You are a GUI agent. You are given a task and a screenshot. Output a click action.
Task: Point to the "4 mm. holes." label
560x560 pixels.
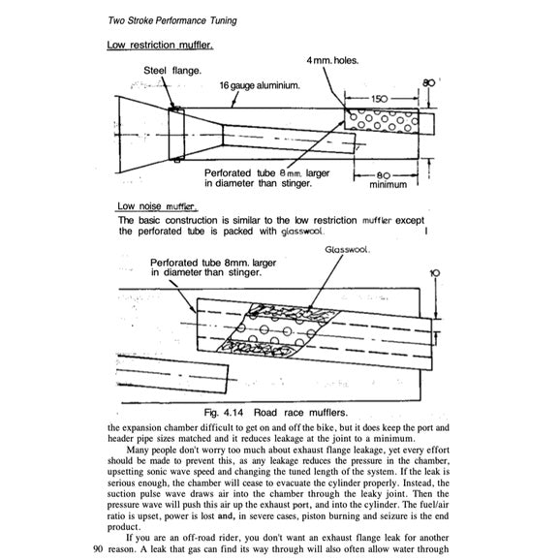point(332,61)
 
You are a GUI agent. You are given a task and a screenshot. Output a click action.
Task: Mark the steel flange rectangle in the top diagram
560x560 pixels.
point(177,134)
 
